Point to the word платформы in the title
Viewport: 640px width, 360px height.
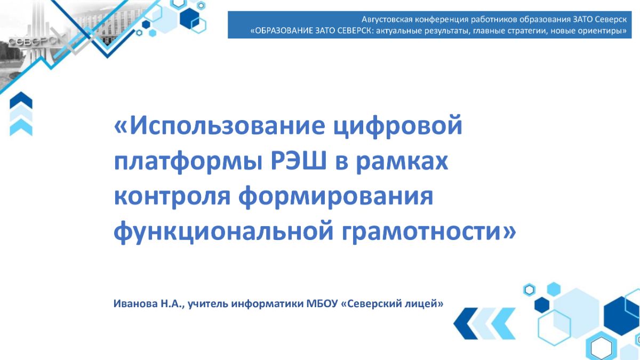pos(188,163)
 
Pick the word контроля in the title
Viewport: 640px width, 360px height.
pos(172,197)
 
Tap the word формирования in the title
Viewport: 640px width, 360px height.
pos(335,198)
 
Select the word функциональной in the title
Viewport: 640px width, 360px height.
pos(223,233)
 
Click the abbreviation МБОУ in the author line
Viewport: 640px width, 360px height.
pos(322,303)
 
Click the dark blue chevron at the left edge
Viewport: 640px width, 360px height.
pos(21,100)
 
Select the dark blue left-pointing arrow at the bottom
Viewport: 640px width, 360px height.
pos(466,323)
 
